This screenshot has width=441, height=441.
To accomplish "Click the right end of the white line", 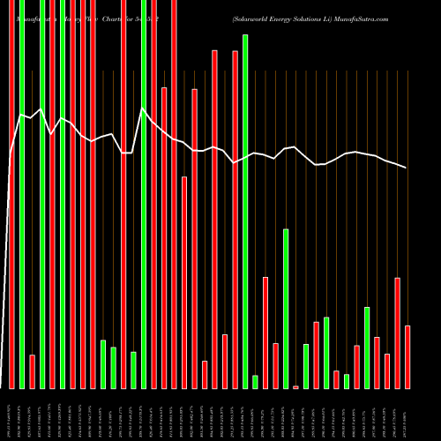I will click(407, 168).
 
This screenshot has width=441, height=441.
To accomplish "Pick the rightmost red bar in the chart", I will click(407, 356).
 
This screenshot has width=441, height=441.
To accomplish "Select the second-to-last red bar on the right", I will click(398, 333).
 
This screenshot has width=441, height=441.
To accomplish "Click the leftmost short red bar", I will click(33, 371).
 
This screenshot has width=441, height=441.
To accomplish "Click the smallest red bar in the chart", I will click(296, 386).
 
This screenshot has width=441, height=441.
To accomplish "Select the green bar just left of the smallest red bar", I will click(286, 309).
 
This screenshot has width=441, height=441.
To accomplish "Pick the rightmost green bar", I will click(367, 348).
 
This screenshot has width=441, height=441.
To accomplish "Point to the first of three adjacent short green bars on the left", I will click(103, 363).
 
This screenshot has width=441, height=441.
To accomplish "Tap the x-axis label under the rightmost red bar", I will click(407, 415).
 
